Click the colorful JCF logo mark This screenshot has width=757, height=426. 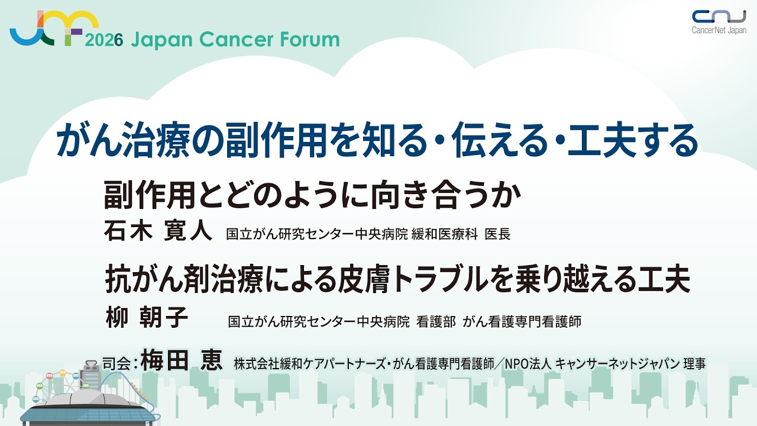click(54, 28)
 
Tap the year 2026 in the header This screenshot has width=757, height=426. click(104, 41)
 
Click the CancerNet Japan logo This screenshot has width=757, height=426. click(719, 22)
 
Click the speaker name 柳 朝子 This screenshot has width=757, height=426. click(147, 318)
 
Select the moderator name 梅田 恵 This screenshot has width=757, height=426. click(182, 360)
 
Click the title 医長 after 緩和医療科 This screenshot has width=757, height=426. click(497, 234)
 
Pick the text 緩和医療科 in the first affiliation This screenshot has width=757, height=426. click(444, 234)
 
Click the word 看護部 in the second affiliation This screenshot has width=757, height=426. click(436, 321)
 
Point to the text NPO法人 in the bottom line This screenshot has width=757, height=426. click(528, 364)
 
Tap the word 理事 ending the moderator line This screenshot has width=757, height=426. click(694, 364)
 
